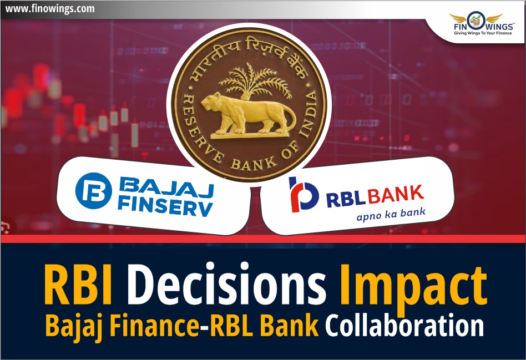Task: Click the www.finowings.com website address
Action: (50, 8)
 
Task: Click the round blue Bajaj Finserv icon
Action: (94, 191)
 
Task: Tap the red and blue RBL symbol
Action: (304, 195)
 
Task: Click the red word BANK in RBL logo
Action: (396, 195)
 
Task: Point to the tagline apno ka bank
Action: (391, 215)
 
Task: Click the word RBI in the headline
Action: (78, 285)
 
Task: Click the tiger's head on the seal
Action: (212, 102)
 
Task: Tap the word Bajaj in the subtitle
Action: (75, 327)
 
